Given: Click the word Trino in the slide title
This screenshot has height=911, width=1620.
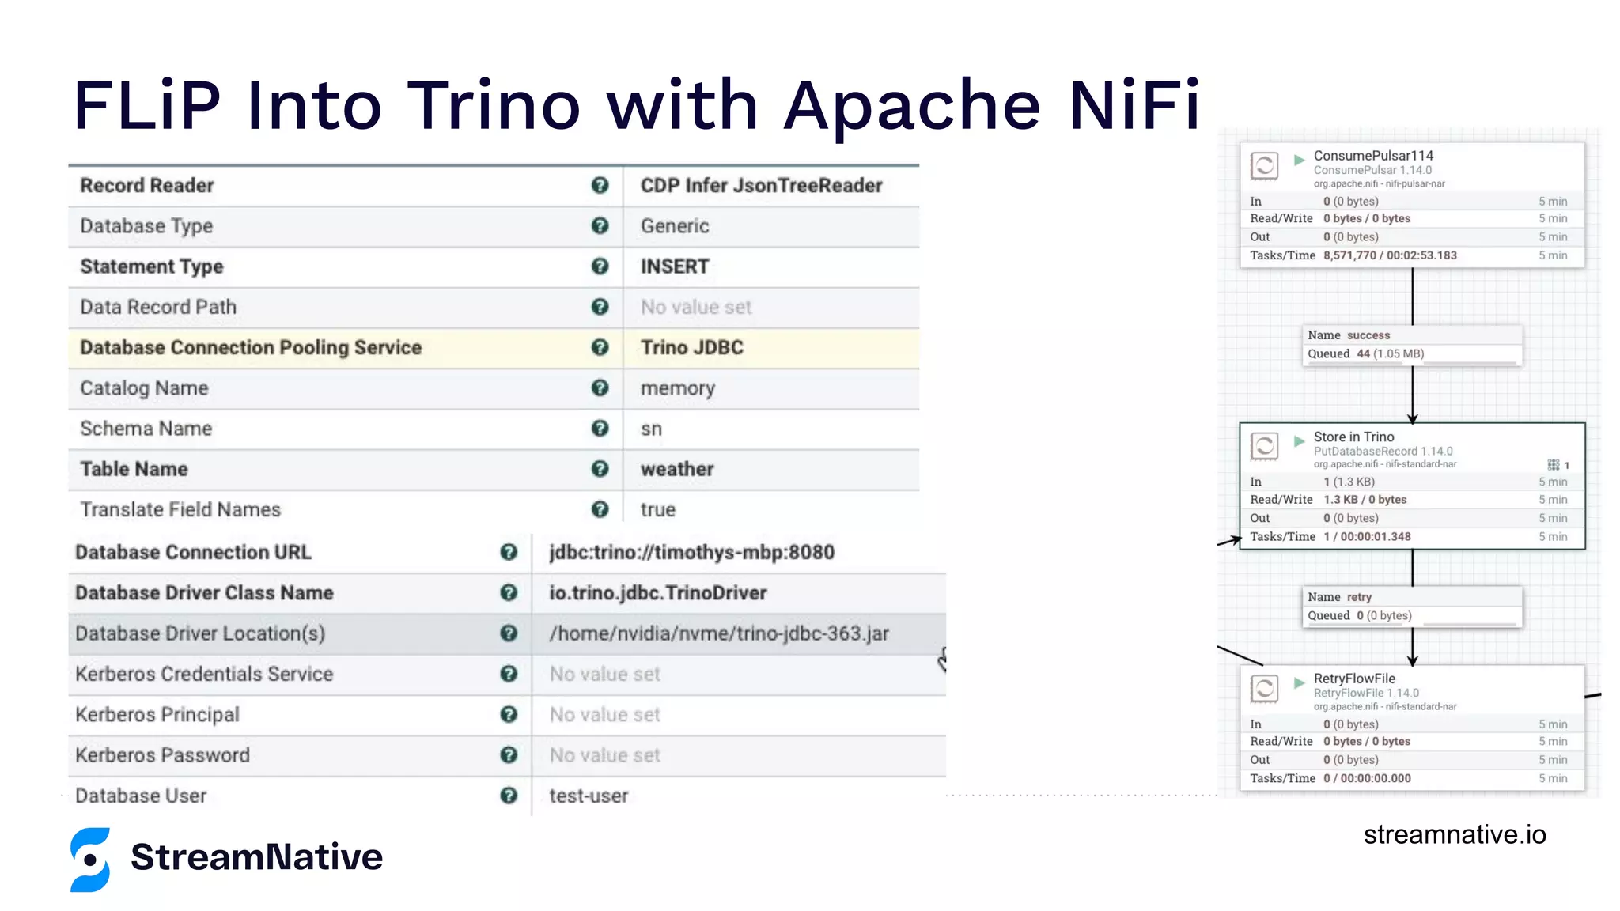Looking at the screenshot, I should [494, 105].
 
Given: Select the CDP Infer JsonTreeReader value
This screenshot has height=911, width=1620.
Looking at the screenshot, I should [761, 186].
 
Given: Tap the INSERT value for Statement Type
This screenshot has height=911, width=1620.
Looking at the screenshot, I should [675, 266].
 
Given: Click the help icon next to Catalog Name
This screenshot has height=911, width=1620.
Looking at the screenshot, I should [600, 387].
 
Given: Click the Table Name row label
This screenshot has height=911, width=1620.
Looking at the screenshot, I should [134, 469].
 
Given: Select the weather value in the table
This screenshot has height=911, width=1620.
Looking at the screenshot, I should [677, 469].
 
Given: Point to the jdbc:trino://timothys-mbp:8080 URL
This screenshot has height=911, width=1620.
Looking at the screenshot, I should [692, 552].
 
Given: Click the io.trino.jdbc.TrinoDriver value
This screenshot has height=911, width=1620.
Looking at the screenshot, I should [658, 593].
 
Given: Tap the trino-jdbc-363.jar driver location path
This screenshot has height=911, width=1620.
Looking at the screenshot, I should [719, 633].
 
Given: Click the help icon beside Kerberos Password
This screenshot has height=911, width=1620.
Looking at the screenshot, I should [509, 755].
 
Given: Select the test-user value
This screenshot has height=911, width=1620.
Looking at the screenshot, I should [589, 796].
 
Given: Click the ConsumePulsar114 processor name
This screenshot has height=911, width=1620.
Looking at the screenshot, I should [1373, 156].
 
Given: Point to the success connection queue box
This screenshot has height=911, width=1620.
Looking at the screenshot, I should [1412, 345].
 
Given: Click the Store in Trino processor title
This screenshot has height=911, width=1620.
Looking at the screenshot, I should [1353, 437].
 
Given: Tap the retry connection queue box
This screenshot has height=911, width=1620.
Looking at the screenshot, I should [1412, 607].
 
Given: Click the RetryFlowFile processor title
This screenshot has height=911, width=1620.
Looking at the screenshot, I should [1354, 679].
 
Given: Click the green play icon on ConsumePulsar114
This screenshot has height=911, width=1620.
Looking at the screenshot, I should [1299, 160].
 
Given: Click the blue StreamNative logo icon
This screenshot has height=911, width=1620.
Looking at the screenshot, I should [90, 860].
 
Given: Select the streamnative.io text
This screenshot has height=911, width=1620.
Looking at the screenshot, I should [1454, 834].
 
